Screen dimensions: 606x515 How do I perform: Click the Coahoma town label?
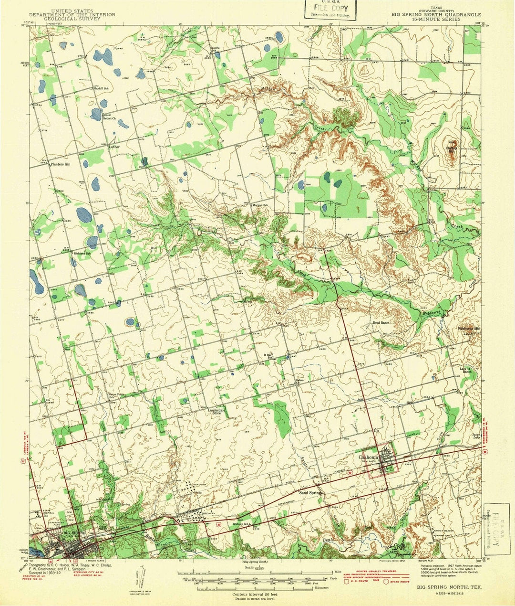(x=369, y=456)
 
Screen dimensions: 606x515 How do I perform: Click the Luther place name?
(x=114, y=147)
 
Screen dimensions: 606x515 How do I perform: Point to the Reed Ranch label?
(x=381, y=323)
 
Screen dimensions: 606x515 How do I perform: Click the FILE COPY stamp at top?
(x=328, y=9)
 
